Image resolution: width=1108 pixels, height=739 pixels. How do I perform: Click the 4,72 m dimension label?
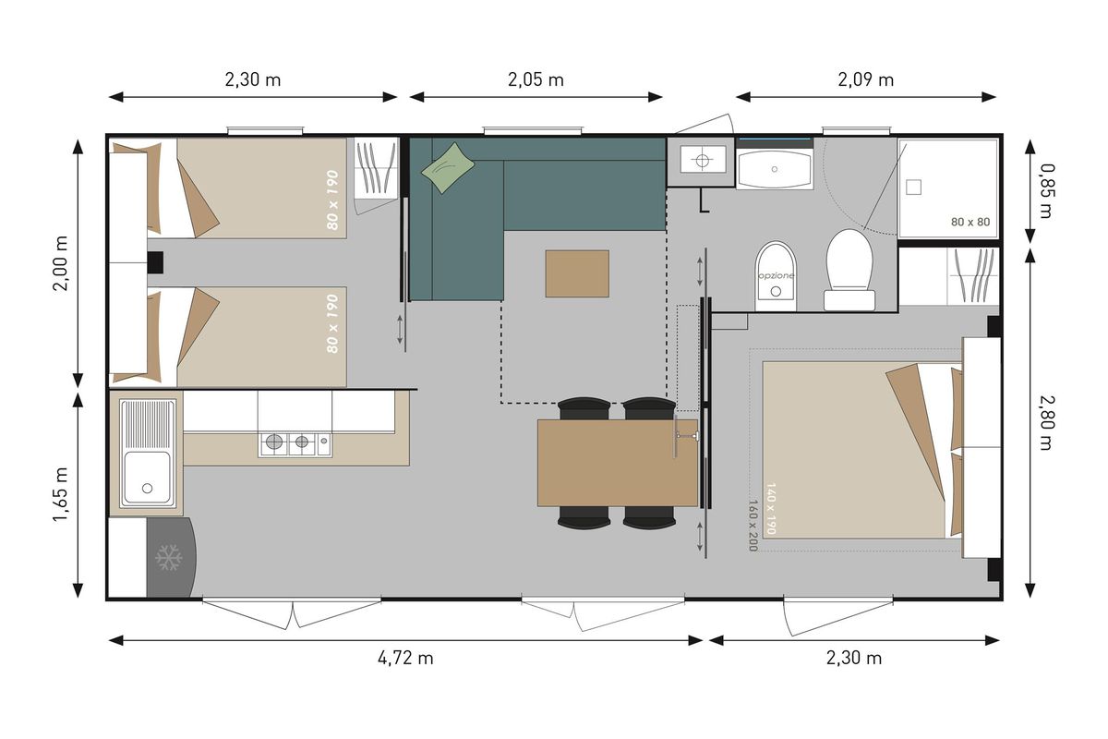[x=405, y=658]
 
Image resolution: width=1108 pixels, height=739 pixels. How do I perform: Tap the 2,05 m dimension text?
[x=536, y=79]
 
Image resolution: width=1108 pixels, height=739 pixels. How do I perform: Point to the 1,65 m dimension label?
[x=61, y=494]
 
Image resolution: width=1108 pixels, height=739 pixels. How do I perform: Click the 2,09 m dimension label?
[x=866, y=79]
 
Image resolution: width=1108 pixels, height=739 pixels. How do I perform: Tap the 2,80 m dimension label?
[x=1047, y=422]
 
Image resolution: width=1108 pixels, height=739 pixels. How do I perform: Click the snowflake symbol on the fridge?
[x=169, y=557]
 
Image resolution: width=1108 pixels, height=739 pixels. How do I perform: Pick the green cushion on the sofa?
[x=448, y=167]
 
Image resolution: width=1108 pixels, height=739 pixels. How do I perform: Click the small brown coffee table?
[x=577, y=273]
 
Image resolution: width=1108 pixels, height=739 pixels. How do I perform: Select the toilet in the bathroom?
[x=849, y=271]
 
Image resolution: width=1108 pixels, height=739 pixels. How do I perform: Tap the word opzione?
[x=777, y=275]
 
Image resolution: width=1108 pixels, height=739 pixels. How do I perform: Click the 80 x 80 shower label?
[x=970, y=222]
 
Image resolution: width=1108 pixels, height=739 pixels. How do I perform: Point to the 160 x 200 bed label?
[x=753, y=525]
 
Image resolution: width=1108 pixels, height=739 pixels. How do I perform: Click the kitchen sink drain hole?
[x=147, y=488]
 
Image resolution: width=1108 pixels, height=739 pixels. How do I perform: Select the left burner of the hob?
[x=274, y=441]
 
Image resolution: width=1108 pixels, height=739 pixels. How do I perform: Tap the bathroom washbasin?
[x=774, y=169]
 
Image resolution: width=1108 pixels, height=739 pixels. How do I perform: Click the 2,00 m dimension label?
[x=61, y=263]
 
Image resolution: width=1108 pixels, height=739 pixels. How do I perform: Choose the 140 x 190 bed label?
[x=771, y=508]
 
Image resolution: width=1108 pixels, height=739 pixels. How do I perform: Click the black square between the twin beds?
[x=155, y=262]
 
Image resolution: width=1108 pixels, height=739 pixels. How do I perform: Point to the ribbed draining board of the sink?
[x=148, y=424]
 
